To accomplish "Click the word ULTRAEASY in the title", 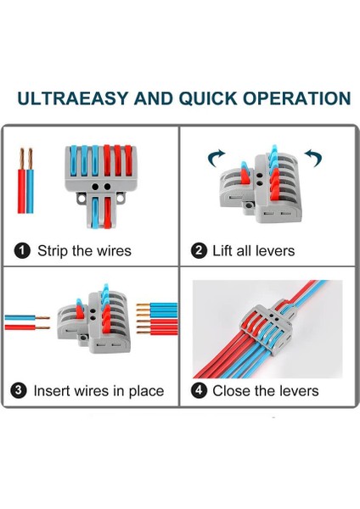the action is (72, 98).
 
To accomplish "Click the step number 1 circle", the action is (22, 251).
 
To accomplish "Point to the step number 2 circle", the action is (199, 251).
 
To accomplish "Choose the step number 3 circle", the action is (19, 390).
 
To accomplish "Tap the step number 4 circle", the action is (199, 390).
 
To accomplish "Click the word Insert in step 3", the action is (52, 391).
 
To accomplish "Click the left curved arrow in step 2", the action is (216, 158).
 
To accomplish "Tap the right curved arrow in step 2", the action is (313, 158).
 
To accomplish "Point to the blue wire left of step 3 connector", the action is (27, 317).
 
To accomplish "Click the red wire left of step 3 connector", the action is (27, 327).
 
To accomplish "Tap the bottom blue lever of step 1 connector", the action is (95, 212).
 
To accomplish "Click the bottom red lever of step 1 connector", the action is (108, 212).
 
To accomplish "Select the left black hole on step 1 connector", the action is (95, 187).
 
